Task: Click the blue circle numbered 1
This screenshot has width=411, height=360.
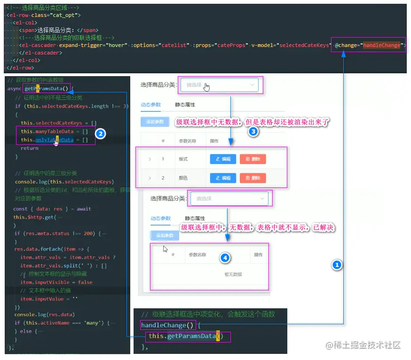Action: [336, 265]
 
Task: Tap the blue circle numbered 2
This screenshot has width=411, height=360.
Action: [100, 133]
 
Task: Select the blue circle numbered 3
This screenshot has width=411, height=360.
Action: [253, 132]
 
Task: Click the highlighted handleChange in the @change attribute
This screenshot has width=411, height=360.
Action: [381, 45]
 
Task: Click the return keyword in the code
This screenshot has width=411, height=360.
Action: [30, 148]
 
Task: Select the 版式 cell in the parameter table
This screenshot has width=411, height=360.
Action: [183, 159]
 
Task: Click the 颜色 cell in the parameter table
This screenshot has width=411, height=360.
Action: [183, 178]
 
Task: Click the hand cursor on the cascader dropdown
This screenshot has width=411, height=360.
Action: [207, 87]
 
